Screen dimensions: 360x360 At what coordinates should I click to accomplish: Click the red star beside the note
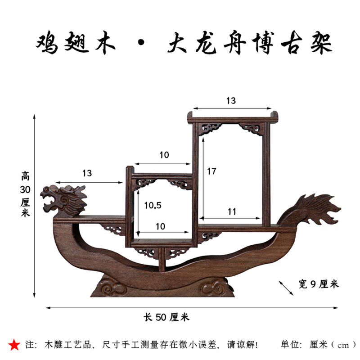tap(14, 345)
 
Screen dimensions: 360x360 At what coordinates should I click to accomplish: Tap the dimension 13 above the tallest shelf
tap(231, 101)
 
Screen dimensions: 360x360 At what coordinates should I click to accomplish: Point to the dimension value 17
tap(212, 171)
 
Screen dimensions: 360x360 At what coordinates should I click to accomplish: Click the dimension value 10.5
tap(153, 205)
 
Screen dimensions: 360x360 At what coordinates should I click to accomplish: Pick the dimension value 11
tap(232, 211)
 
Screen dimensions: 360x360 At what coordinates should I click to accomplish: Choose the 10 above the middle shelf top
tap(164, 155)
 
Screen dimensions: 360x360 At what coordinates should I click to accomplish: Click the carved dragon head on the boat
tap(63, 200)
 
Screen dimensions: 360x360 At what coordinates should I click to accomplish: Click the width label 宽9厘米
tap(318, 284)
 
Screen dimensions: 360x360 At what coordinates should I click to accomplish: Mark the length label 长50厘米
tap(166, 317)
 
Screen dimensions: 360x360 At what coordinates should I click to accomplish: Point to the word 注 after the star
tap(30, 345)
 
